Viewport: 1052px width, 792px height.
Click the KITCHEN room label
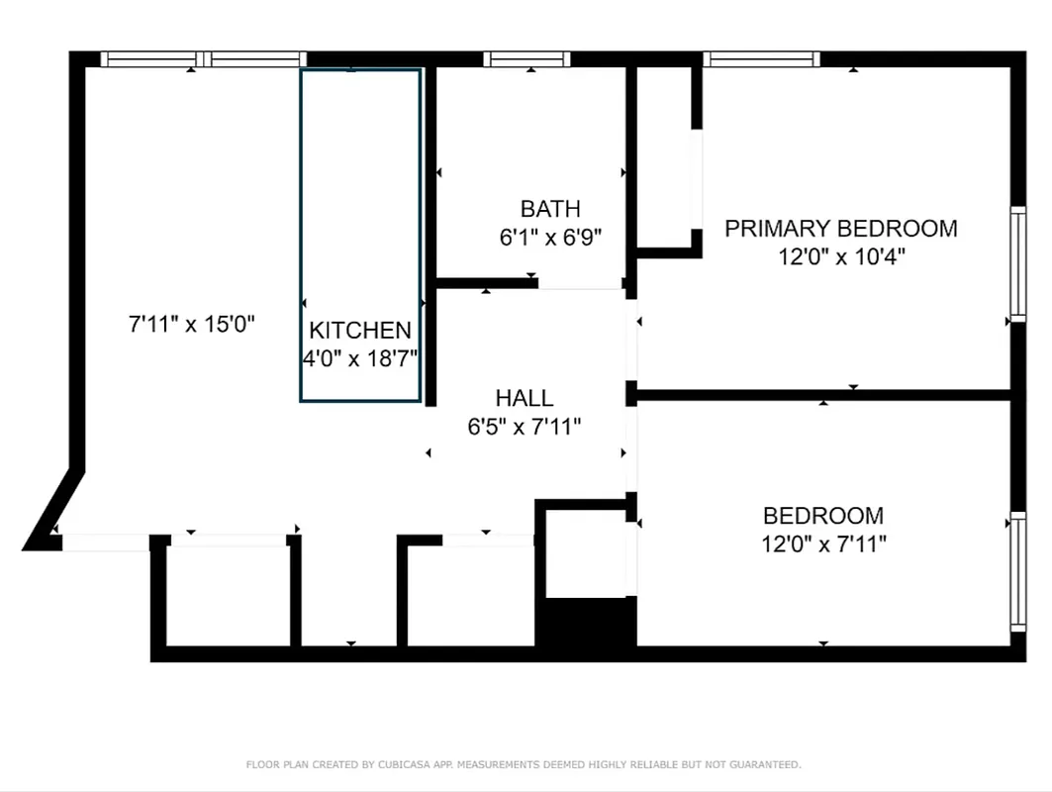[360, 331]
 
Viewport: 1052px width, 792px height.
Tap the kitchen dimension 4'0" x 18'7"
[360, 357]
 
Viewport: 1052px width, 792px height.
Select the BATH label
[550, 209]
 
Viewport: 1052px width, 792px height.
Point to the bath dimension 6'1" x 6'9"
[550, 238]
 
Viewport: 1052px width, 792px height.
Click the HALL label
[525, 398]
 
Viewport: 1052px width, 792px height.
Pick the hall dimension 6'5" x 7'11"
[525, 427]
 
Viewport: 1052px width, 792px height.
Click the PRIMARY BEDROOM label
[841, 229]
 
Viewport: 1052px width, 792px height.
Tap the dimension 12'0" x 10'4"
[841, 257]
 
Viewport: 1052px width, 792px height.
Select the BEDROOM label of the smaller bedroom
[823, 516]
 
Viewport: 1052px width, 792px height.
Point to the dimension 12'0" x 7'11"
[823, 544]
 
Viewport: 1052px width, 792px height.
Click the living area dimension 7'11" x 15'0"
[192, 323]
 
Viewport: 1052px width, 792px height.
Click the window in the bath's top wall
[527, 59]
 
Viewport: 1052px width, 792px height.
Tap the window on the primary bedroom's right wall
[1017, 262]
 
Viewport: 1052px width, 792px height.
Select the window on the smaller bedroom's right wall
[1017, 571]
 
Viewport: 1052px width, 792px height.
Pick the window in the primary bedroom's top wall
[762, 59]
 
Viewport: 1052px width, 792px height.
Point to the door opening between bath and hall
[580, 284]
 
